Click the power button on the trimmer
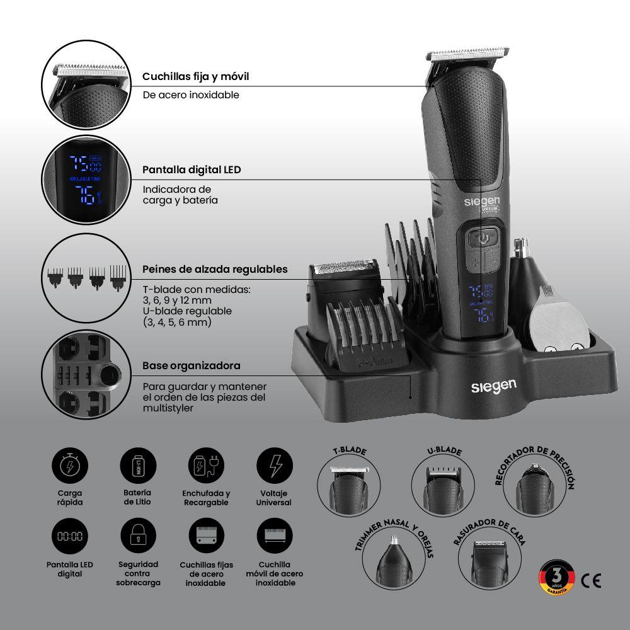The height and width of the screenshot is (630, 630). (483, 238)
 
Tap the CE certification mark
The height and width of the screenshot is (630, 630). (590, 580)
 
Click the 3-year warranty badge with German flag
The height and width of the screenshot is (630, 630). (556, 577)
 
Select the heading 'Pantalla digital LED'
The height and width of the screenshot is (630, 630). (192, 170)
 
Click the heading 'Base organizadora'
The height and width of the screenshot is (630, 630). (191, 365)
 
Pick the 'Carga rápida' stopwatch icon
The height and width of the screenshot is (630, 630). (69, 466)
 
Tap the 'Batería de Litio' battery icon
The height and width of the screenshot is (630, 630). (138, 466)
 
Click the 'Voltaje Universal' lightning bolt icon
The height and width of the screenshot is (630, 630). (275, 466)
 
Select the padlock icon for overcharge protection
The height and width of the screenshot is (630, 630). (138, 536)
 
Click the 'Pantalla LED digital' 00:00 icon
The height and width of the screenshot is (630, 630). (69, 536)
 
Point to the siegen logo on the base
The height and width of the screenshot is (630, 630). (493, 386)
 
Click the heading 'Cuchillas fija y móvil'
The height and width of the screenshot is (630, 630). (195, 76)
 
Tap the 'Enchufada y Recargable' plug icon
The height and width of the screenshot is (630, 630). (206, 466)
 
